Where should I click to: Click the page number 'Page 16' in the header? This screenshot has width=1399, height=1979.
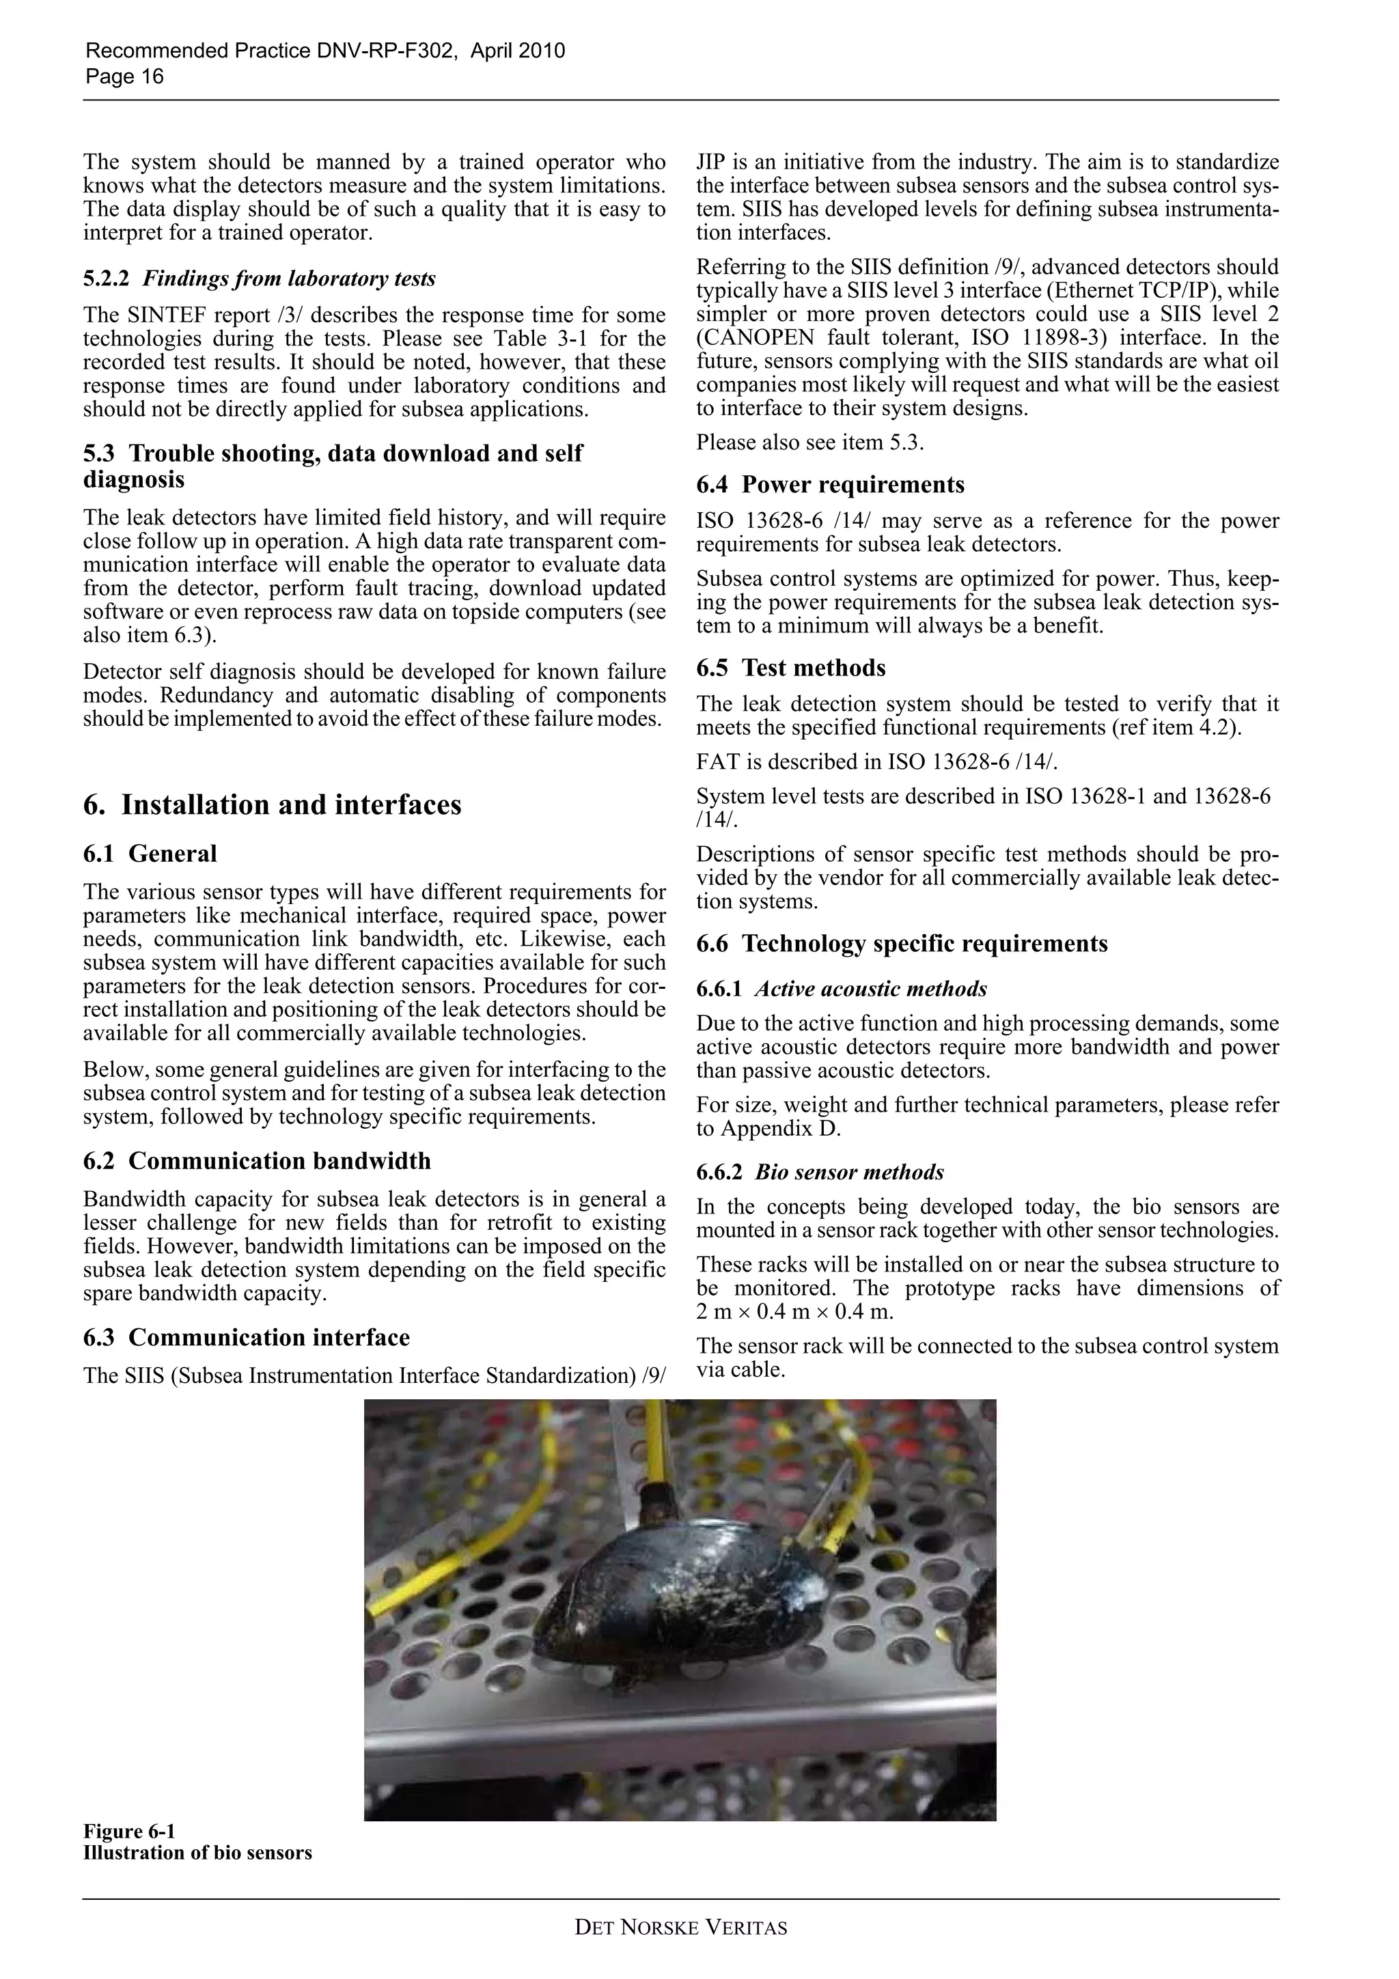[124, 76]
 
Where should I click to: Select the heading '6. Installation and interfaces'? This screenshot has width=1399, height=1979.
[273, 804]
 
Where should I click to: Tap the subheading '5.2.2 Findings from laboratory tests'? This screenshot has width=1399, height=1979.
[260, 279]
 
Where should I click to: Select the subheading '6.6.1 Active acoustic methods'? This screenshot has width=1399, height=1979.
[842, 989]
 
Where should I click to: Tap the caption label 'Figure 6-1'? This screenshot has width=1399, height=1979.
[128, 1831]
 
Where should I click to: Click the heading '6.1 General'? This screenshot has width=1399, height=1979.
[150, 854]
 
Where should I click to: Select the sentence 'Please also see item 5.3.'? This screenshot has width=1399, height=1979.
[810, 443]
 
